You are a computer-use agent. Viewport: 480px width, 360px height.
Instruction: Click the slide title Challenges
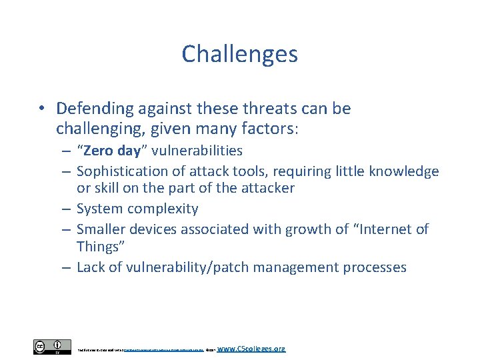click(x=239, y=54)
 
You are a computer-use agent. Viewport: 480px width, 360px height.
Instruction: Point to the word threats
click(x=265, y=108)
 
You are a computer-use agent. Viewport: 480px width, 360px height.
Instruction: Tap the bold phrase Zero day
click(x=111, y=151)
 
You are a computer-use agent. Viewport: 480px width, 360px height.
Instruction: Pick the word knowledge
click(x=405, y=171)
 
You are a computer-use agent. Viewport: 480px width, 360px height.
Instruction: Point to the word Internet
click(x=383, y=229)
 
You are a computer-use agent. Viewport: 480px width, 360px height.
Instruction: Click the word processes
click(x=372, y=267)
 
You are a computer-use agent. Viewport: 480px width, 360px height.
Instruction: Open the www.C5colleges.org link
click(x=251, y=348)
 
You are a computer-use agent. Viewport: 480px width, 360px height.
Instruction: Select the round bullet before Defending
click(x=42, y=109)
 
